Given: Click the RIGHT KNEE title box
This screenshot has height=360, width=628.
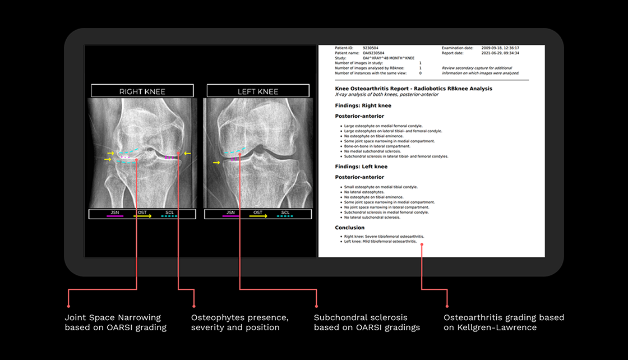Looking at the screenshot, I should pos(142,91).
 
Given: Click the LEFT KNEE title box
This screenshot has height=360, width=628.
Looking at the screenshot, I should pos(257,91).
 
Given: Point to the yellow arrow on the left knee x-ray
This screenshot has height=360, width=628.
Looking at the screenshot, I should pos(216,163).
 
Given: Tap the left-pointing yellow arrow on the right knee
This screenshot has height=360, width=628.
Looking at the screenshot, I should pos(187,153).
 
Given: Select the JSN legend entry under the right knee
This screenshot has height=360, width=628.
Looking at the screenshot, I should pos(114,214).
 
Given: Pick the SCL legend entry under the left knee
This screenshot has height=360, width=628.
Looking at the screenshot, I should pos(285,214).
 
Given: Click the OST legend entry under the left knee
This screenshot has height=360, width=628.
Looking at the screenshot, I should pos(258,214).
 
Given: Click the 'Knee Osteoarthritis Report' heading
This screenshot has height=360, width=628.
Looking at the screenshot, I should pos(413,88).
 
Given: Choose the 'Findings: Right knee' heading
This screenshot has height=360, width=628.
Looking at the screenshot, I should pos(363,105).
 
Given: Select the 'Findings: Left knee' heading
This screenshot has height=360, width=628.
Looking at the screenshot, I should pos(361,167).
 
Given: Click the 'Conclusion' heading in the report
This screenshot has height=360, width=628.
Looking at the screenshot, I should pos(349,228).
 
